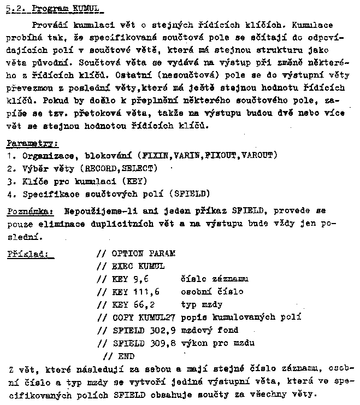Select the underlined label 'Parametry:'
(32, 144)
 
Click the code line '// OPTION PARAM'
(136, 254)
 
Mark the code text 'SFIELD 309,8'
(141, 343)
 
